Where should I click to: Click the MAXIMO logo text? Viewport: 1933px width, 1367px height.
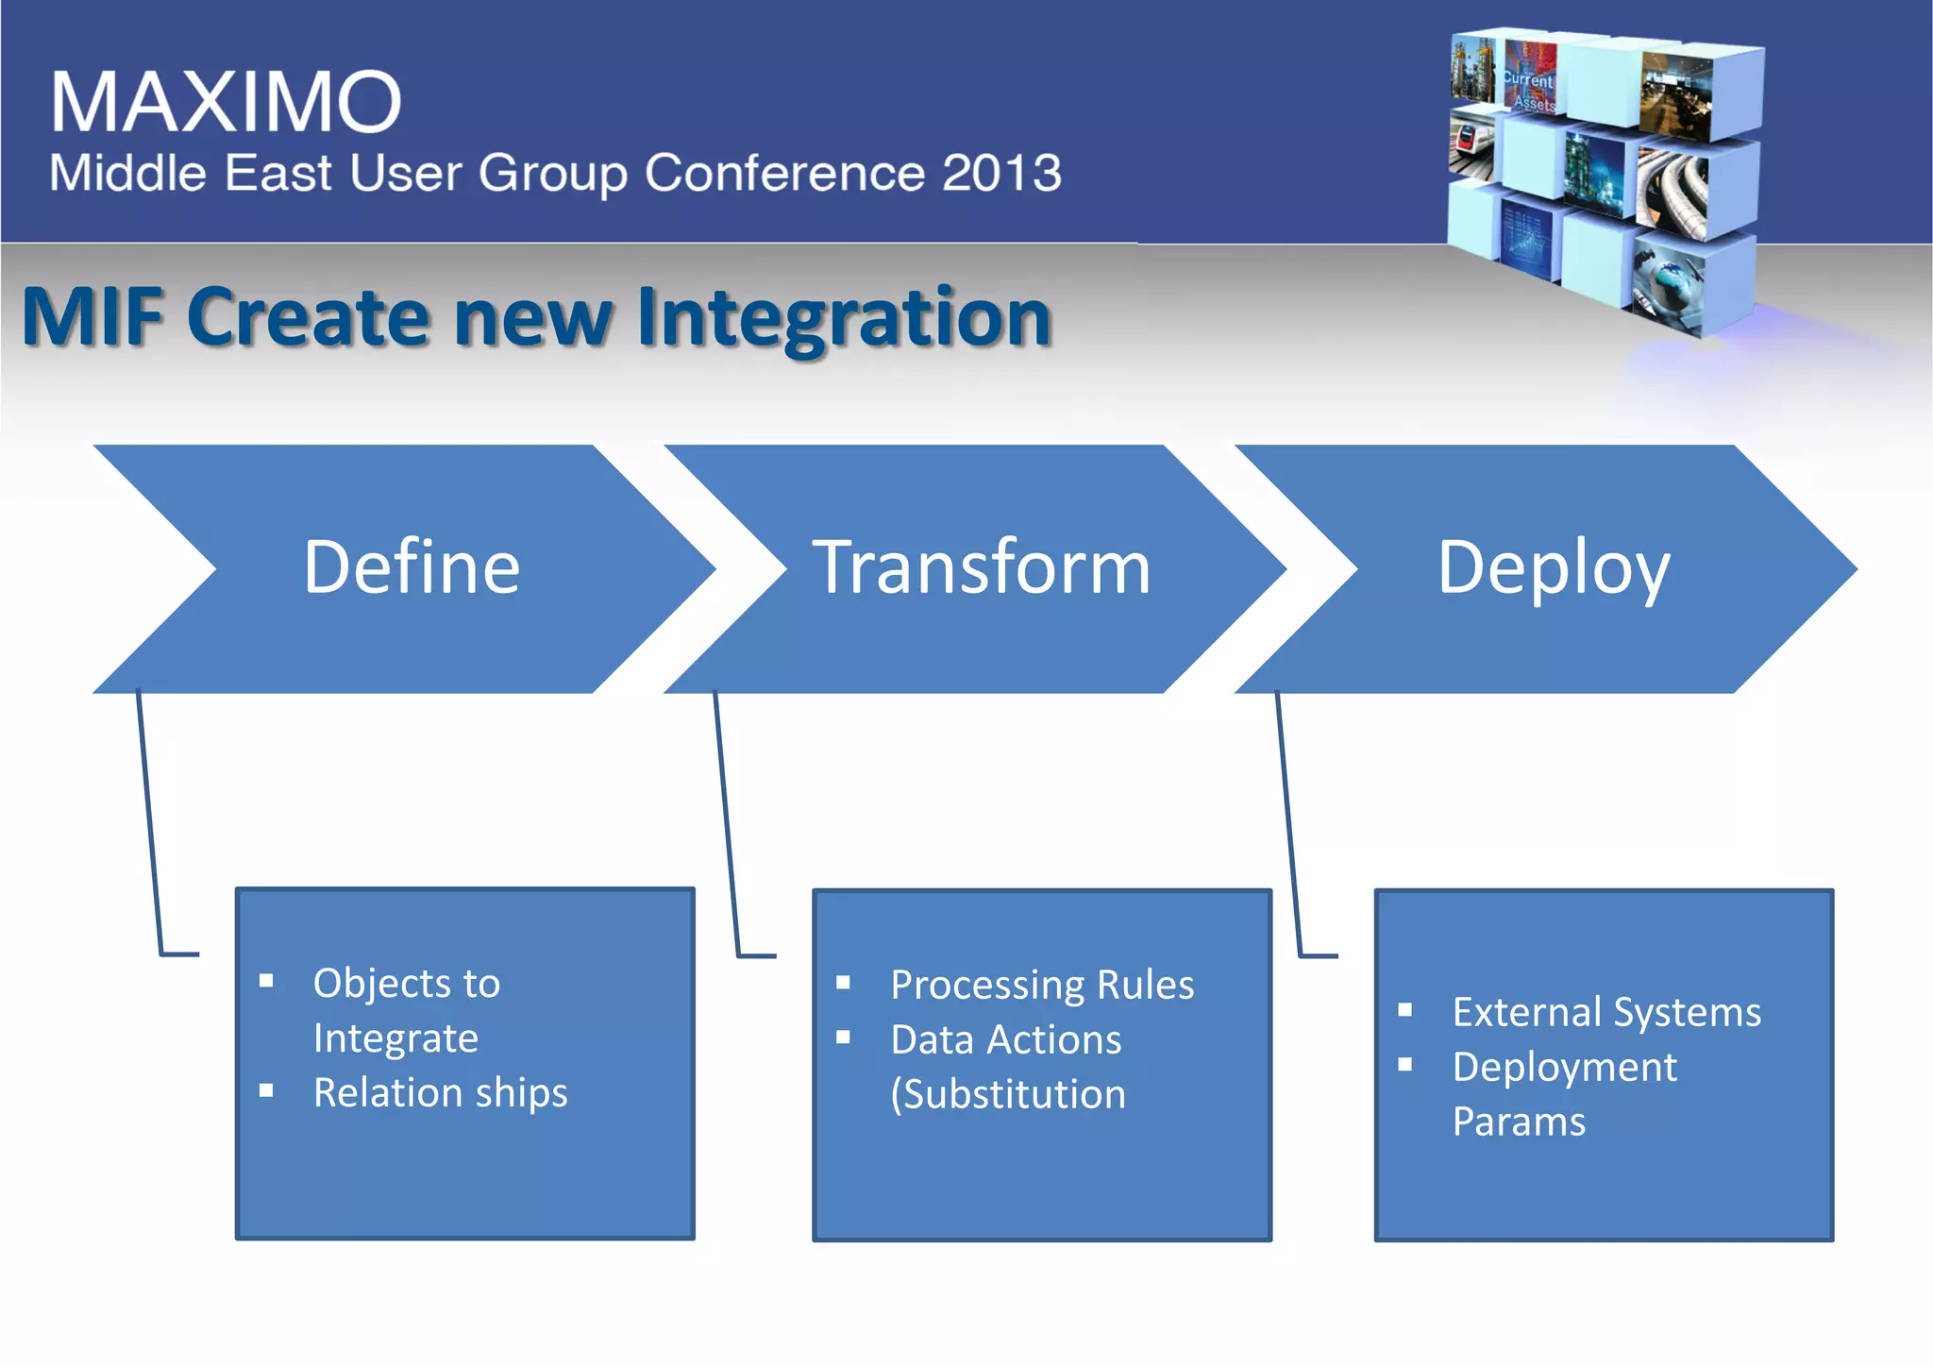point(226,102)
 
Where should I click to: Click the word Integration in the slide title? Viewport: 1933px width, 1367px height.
point(844,318)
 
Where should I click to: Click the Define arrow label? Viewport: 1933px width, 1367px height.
point(412,567)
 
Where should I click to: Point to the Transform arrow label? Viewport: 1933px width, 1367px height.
point(982,567)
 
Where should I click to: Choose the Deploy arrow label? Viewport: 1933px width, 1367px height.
point(1554,569)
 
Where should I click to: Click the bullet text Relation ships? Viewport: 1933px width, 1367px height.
point(440,1093)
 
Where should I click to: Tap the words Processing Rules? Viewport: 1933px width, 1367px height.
point(1042,985)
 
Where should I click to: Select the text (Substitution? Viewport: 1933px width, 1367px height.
point(1008,1095)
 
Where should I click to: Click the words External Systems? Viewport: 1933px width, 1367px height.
point(1606,1012)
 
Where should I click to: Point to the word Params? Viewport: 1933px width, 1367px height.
point(1519,1122)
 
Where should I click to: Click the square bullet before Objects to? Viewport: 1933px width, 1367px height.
point(266,982)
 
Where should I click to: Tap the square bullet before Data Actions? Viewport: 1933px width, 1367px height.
point(844,1038)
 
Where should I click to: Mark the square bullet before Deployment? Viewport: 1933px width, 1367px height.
point(1405,1066)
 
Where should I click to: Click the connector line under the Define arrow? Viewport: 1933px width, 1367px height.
point(149,821)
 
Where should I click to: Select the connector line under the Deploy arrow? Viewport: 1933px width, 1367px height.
point(1288,821)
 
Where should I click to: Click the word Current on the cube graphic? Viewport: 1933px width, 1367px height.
point(1527,80)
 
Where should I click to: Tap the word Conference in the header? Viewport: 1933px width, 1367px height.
point(784,173)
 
